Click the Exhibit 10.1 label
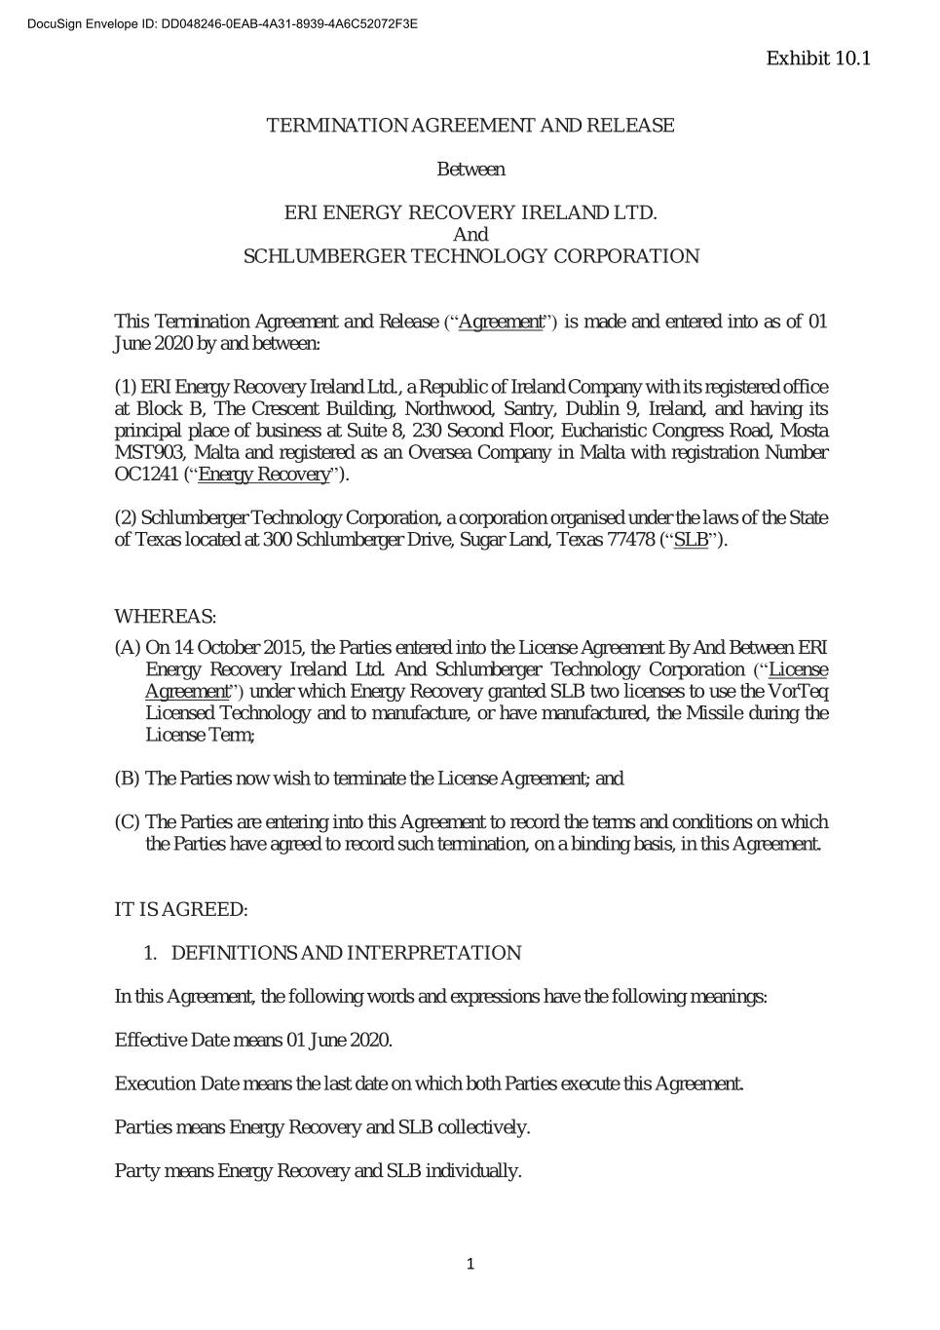click(817, 58)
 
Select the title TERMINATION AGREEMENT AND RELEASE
click(470, 126)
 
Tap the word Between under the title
click(470, 170)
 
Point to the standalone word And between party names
click(470, 235)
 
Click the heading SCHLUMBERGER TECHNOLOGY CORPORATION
click(470, 256)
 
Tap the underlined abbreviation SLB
click(691, 540)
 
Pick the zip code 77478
click(631, 540)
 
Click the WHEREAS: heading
click(166, 617)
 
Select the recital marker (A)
click(128, 648)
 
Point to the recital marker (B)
click(128, 779)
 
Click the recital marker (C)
click(128, 822)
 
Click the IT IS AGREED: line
click(181, 910)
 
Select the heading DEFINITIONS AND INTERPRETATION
click(346, 953)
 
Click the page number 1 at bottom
click(470, 1265)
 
